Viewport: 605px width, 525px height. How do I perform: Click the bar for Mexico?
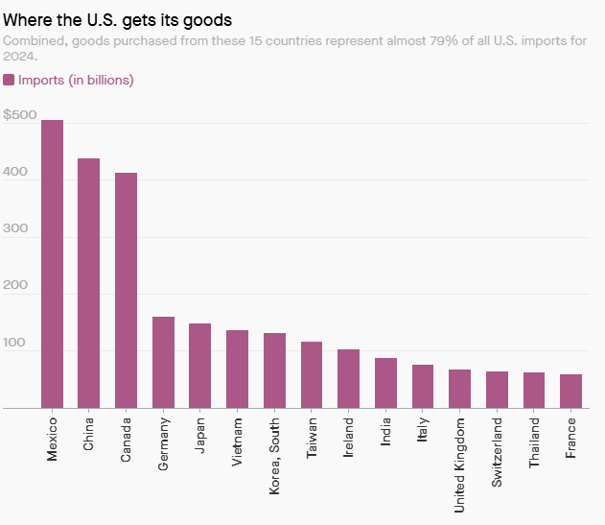pyautogui.click(x=52, y=264)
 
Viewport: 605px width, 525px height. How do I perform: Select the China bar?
pyautogui.click(x=88, y=283)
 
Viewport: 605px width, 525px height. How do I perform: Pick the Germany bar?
pyautogui.click(x=163, y=362)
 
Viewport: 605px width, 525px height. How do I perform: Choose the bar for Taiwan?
pyautogui.click(x=312, y=374)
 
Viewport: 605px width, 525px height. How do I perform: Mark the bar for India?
pyautogui.click(x=385, y=383)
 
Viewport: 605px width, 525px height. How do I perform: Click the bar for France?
pyautogui.click(x=571, y=391)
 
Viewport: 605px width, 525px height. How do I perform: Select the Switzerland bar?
pyautogui.click(x=497, y=390)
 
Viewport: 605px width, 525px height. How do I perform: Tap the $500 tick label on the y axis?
pyautogui.click(x=20, y=116)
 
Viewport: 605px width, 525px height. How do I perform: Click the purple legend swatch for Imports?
pyautogui.click(x=9, y=80)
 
